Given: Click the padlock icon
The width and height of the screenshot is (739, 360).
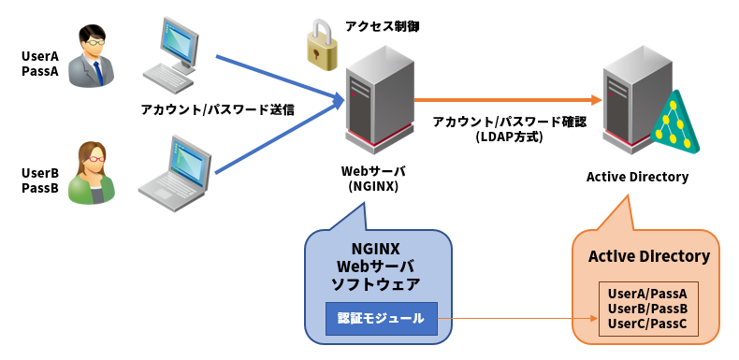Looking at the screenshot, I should [322, 47].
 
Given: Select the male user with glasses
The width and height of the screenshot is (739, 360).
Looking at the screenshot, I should [92, 59].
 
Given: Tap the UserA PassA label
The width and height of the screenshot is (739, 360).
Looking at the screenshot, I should [40, 64].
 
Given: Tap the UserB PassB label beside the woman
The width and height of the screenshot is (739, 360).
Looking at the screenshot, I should [40, 180].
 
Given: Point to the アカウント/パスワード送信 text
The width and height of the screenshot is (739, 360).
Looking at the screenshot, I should [217, 109].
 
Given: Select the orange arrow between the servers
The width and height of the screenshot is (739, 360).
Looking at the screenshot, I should [505, 99].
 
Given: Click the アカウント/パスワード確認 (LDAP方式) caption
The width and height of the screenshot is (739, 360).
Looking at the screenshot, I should [509, 129].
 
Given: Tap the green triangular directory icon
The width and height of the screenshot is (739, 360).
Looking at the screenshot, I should [681, 122].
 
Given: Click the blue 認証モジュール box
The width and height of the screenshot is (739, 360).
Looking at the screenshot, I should [381, 318].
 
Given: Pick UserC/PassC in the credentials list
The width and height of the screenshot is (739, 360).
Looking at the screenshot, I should [647, 324].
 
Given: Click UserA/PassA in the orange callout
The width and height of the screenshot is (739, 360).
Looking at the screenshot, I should [647, 294].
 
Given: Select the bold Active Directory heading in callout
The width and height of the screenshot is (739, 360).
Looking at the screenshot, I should [648, 256].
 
